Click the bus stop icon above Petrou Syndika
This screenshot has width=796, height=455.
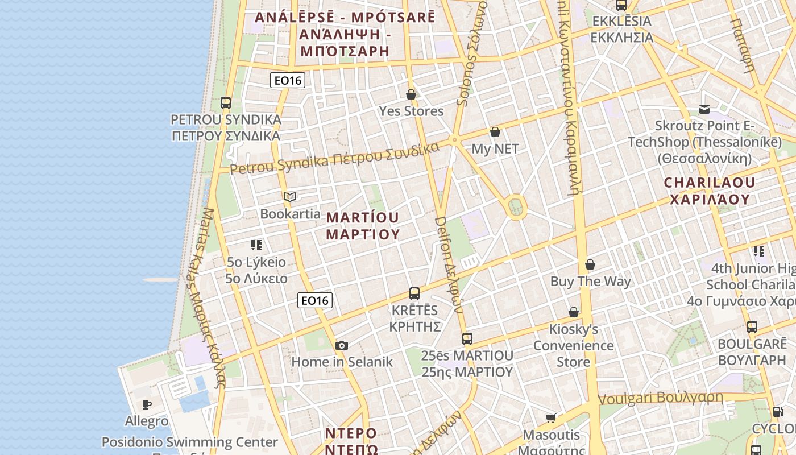[x=226, y=103]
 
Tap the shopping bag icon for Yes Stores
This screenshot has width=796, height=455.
[x=411, y=94]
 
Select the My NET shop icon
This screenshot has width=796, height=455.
[x=495, y=132]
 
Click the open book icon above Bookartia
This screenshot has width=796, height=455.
[x=290, y=197]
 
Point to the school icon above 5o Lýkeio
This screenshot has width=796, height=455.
[x=256, y=245]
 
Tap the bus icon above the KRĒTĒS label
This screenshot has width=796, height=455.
[x=414, y=293]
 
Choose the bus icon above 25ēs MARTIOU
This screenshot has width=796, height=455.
[x=467, y=339]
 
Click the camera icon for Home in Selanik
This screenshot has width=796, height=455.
[x=341, y=345]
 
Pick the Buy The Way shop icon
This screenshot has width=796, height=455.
[x=590, y=264]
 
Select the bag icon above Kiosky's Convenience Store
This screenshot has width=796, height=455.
[x=574, y=312]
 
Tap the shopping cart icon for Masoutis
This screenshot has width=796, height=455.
[x=550, y=419]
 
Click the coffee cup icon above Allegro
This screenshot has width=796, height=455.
[x=147, y=404]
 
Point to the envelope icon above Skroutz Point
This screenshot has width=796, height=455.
[x=704, y=109]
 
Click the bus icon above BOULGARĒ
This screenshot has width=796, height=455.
[x=752, y=327]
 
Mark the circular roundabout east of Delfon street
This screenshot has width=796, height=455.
[x=516, y=207]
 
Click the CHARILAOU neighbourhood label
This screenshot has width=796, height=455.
[x=710, y=191]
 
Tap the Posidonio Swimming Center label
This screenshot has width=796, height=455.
[x=190, y=442]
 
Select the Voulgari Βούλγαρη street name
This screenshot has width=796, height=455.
[x=661, y=398]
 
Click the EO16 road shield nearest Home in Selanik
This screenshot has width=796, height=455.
[x=315, y=300]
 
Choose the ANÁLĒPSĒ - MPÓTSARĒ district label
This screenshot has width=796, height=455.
[x=345, y=34]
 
